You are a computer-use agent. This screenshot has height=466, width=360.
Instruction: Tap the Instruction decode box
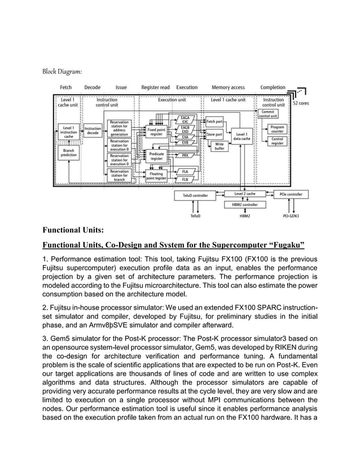93,131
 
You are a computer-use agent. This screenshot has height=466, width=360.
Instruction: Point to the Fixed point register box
156,132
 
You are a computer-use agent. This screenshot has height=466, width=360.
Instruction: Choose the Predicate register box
156,156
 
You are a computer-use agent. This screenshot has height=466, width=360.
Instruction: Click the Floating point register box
156,175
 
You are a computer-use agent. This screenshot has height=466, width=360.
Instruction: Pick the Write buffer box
219,147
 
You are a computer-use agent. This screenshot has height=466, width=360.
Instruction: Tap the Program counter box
277,129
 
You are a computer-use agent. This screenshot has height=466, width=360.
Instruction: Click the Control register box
277,140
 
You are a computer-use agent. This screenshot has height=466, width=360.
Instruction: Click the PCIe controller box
291,195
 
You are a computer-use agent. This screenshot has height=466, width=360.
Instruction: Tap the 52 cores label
300,103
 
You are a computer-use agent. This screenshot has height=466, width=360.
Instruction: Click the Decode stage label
93,87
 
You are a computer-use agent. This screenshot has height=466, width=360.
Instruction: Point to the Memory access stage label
228,87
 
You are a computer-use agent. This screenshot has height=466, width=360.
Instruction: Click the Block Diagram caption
63,72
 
